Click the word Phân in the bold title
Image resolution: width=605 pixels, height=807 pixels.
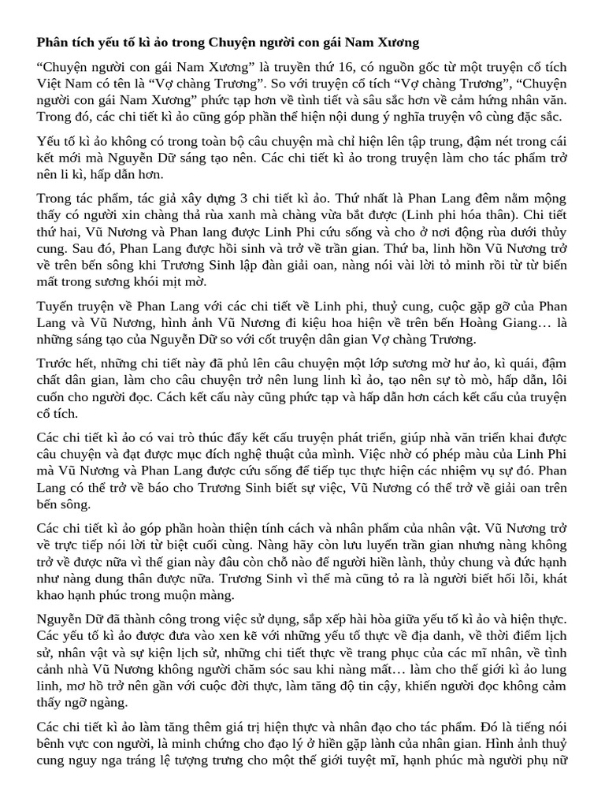click(52, 40)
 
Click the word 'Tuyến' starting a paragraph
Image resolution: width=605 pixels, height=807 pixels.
click(55, 307)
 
